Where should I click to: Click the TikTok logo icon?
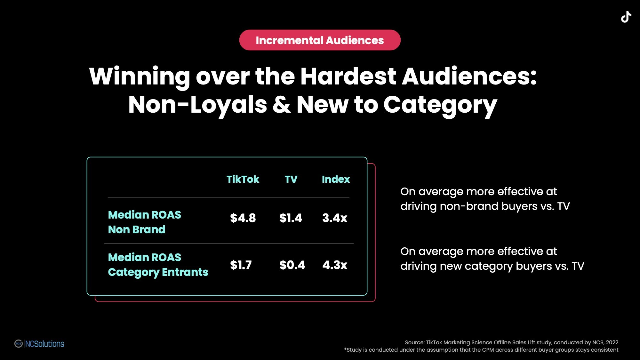626,17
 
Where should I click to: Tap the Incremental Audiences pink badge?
320,40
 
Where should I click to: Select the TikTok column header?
243,179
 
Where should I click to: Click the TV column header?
291,179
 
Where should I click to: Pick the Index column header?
336,179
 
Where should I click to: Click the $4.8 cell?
243,218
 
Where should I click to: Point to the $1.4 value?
291,218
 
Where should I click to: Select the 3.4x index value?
335,218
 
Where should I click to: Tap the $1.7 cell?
241,265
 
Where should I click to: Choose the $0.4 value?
292,265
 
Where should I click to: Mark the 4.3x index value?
335,265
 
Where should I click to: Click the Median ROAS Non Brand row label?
144,222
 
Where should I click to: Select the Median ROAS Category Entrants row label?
158,265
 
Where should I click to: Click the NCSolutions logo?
39,344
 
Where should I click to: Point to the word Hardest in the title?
348,76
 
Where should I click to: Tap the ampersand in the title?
282,105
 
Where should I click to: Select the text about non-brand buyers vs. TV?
485,199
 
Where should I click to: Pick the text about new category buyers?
492,259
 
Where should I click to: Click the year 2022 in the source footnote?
612,342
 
